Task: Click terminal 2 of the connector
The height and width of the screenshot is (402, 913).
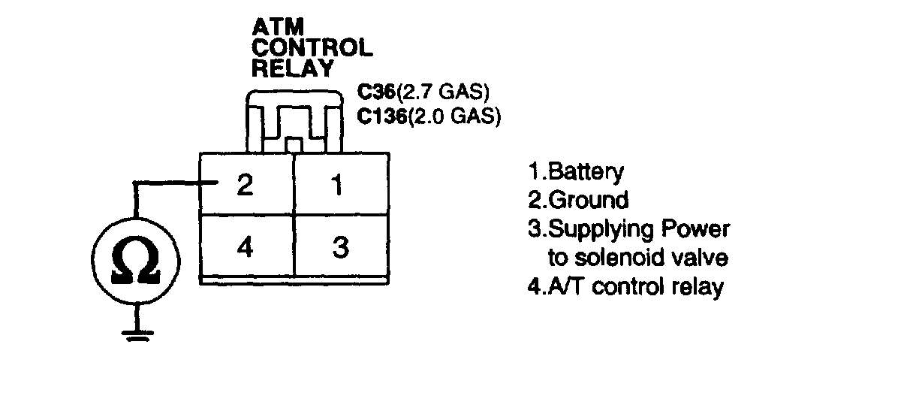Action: (245, 185)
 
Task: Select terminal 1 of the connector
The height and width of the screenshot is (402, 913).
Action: (339, 185)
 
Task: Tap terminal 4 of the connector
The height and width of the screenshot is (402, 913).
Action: (245, 247)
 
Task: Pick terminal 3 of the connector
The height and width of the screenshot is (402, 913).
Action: (340, 247)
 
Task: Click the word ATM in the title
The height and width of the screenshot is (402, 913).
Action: (277, 29)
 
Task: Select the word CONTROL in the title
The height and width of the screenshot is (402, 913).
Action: (312, 48)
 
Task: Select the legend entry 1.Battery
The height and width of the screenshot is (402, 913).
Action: (576, 172)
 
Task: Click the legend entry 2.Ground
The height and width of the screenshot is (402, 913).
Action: (578, 200)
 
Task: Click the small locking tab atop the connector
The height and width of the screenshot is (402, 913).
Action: (294, 144)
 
